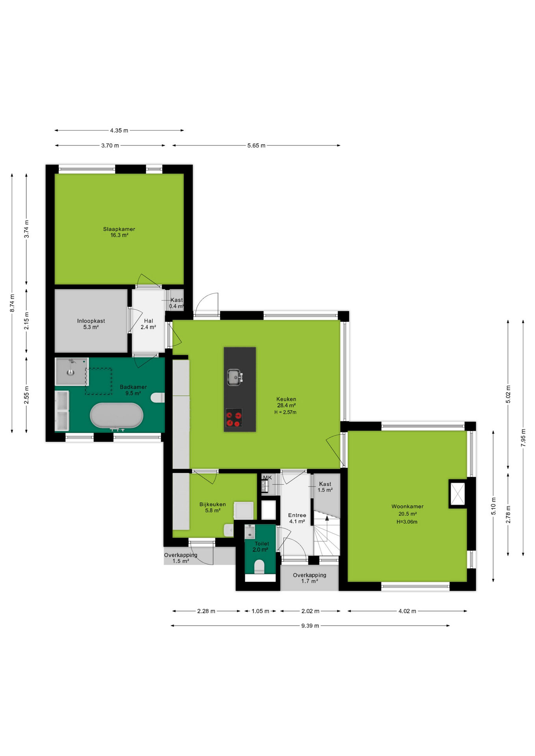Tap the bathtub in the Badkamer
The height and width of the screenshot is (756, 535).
click(x=117, y=415)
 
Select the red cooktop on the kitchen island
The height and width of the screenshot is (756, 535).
click(x=234, y=418)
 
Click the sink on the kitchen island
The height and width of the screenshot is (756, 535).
click(x=234, y=377)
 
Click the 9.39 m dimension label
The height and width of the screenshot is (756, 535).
click(x=310, y=626)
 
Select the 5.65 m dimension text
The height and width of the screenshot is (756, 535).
click(x=256, y=146)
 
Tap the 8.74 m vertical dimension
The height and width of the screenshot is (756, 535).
click(x=12, y=303)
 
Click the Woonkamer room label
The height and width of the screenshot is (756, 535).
click(x=407, y=507)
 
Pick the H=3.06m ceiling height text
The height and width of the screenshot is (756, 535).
click(x=407, y=522)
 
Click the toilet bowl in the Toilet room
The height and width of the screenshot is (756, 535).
click(x=259, y=567)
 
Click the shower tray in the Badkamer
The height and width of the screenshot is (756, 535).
click(x=71, y=371)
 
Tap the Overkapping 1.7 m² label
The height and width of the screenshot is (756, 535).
click(x=310, y=578)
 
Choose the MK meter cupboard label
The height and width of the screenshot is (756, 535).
click(x=267, y=478)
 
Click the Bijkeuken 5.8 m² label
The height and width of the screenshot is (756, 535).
click(x=213, y=507)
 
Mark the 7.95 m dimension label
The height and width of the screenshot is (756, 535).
click(x=523, y=437)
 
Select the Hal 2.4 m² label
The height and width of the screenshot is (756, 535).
click(x=148, y=324)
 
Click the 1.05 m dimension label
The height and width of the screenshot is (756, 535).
click(x=260, y=611)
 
